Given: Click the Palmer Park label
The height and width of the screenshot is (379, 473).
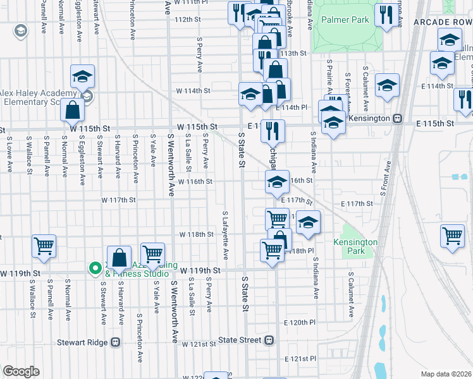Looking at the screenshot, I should click(x=345, y=20).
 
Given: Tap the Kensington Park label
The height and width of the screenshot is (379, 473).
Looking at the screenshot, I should click(x=355, y=246).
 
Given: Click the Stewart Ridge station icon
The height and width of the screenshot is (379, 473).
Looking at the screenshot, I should click(x=115, y=342).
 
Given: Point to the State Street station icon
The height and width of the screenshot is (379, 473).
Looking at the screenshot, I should click(x=269, y=340).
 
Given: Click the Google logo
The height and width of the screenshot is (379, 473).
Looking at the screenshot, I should click(x=21, y=371).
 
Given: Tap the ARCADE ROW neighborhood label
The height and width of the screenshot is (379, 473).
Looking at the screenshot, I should click(x=443, y=22).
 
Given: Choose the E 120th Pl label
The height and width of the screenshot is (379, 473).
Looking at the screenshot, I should click(x=299, y=322).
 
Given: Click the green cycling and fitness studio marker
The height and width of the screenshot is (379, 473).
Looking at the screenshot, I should click(x=95, y=268).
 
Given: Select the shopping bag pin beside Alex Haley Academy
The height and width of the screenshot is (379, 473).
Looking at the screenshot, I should click(x=73, y=110).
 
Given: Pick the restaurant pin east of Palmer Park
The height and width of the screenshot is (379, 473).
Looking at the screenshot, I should click(x=386, y=15).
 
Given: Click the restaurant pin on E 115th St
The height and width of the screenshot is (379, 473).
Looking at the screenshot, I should click(x=273, y=131).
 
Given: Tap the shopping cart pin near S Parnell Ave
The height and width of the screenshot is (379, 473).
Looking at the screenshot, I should click(x=44, y=246).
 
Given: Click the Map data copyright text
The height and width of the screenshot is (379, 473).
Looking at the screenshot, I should click(x=446, y=373).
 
